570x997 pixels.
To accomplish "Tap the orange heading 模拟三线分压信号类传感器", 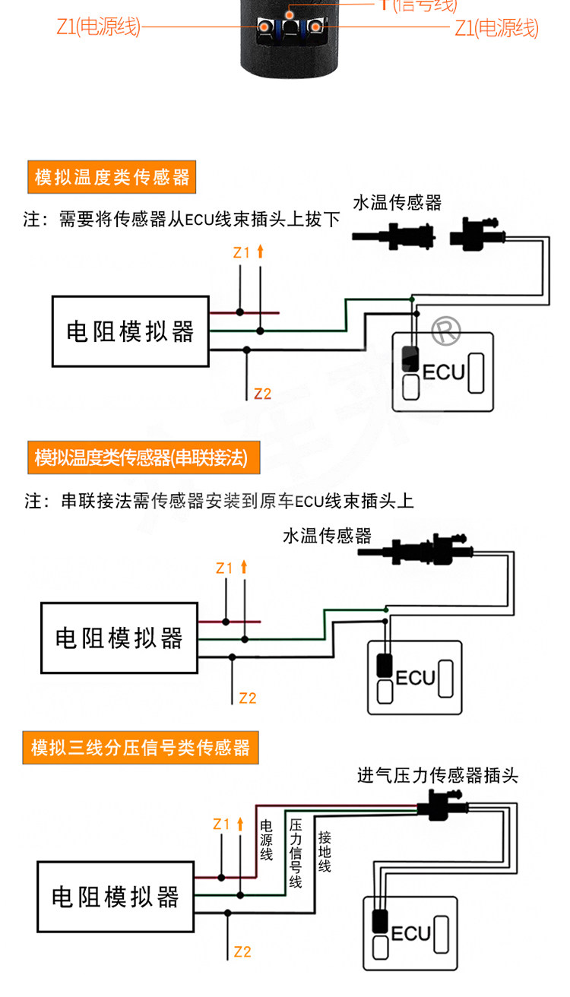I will point(141,749).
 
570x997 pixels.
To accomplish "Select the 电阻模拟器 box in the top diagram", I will point(130,332).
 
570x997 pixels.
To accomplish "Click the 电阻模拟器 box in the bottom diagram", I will point(116,897).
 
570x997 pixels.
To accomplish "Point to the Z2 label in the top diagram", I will point(262,394).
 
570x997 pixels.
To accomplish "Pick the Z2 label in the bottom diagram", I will point(242,951).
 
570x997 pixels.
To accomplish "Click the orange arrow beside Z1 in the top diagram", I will point(260,252).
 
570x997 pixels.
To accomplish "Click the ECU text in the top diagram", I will point(443,372).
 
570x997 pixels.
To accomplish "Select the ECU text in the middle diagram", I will point(416,676).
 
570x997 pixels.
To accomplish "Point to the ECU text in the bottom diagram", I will point(410,933).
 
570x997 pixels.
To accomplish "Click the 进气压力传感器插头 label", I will point(438,776).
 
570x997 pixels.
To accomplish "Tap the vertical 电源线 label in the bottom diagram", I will point(267,840).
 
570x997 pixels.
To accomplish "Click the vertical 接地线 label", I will point(325,851).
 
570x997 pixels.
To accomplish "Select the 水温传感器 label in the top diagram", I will point(397,203).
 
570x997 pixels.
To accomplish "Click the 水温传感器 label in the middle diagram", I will point(327,536).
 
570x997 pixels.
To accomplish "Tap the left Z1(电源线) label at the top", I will point(99,28).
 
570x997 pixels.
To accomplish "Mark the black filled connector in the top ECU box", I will point(411,358).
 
